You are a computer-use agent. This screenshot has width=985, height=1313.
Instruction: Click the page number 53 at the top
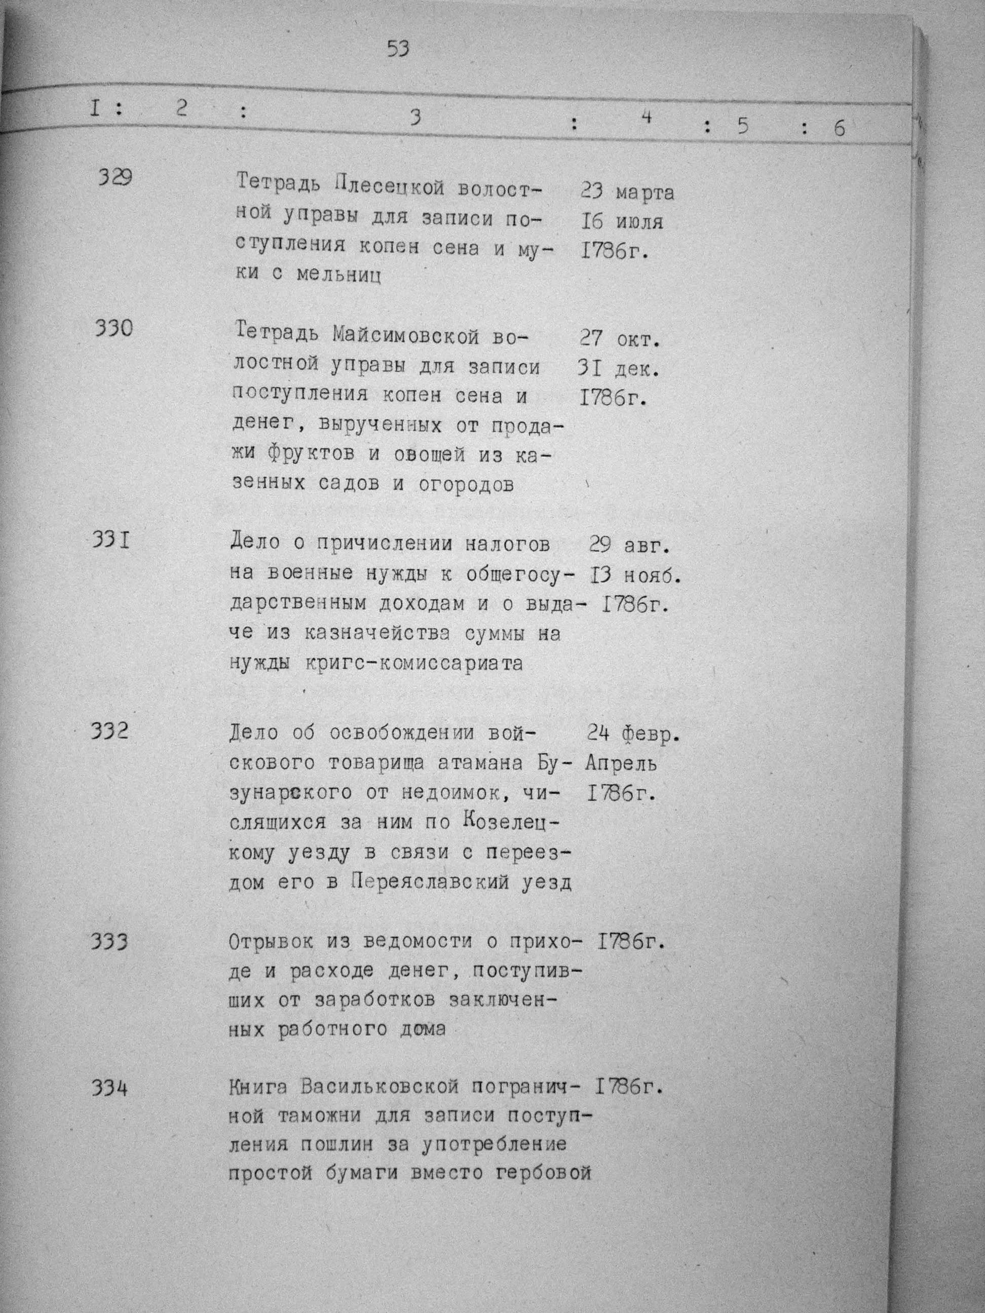tap(398, 48)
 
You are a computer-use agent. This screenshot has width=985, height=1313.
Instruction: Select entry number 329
tap(115, 177)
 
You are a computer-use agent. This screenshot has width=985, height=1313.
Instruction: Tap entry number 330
tap(113, 328)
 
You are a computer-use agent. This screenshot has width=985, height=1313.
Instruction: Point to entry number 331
tap(111, 541)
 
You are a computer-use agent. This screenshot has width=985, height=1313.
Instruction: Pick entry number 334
tap(110, 1089)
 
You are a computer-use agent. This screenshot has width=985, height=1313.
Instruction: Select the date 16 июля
tap(622, 222)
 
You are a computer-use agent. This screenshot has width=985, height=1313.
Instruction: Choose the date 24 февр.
tap(633, 735)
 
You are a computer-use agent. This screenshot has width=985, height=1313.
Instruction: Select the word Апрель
tap(621, 763)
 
